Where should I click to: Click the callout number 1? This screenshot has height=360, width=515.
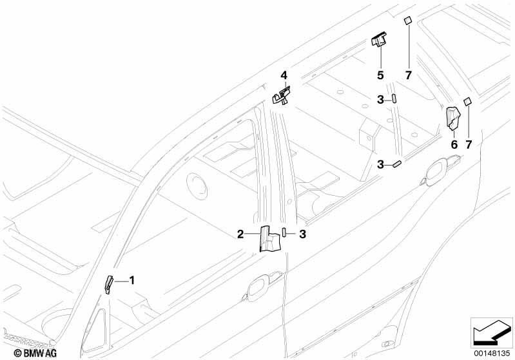tap(131, 281)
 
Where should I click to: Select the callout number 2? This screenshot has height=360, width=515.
tap(240, 234)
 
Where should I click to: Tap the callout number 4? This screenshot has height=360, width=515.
tap(284, 75)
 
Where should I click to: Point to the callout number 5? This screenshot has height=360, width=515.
tap(380, 75)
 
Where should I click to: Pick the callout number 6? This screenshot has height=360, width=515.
tap(454, 144)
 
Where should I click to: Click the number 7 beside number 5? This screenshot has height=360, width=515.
tap(408, 75)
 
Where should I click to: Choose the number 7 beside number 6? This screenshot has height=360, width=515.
tap(469, 144)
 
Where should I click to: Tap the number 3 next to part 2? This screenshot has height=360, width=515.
tap(302, 234)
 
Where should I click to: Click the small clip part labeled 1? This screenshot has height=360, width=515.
tap(108, 285)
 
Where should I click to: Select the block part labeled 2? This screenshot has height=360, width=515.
tap(269, 238)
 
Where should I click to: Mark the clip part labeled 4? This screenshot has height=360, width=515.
tap(282, 95)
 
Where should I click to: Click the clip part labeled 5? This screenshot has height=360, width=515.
tap(379, 39)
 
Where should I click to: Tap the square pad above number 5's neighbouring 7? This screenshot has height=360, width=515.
tap(407, 21)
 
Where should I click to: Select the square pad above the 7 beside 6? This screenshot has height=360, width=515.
tap(467, 101)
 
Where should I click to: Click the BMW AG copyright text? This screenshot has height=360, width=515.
tap(35, 353)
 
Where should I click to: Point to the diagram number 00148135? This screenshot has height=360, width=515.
tap(492, 354)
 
